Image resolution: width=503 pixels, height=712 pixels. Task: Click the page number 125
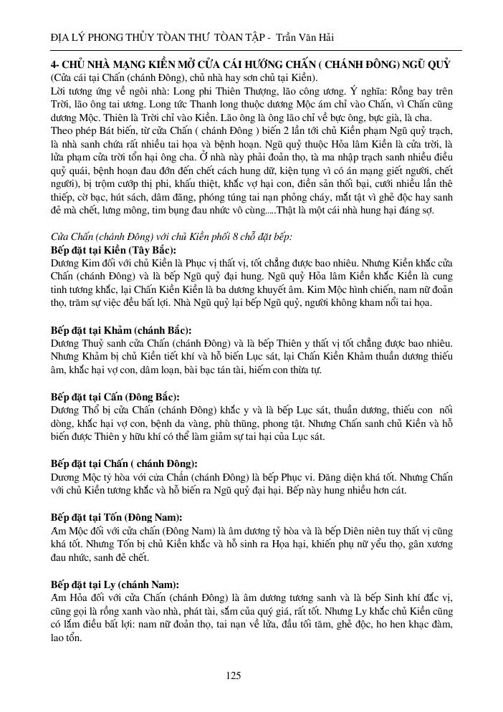click(x=233, y=675)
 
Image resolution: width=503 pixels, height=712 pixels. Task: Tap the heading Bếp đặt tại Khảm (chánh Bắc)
click(x=121, y=330)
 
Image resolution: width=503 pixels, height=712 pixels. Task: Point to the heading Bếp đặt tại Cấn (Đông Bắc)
click(x=115, y=396)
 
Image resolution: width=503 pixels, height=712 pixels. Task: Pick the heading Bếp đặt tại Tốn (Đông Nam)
click(x=117, y=516)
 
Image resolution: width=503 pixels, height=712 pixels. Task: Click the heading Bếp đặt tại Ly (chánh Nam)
click(x=115, y=584)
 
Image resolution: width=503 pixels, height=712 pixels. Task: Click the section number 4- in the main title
click(x=55, y=64)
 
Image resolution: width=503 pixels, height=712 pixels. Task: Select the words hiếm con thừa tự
click(x=284, y=370)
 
